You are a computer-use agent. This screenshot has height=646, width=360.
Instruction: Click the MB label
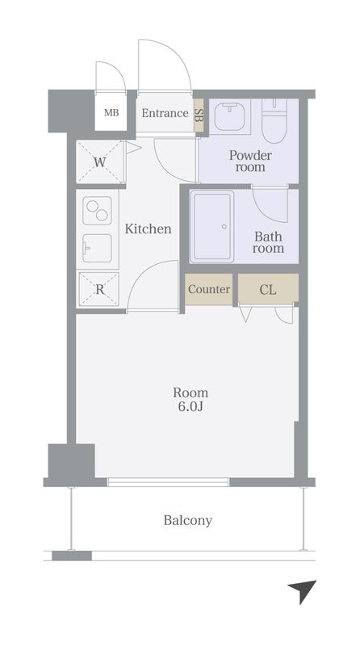coord(111,113)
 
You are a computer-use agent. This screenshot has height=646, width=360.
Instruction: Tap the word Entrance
coord(165,113)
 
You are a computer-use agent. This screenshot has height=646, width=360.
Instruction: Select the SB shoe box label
coord(198,115)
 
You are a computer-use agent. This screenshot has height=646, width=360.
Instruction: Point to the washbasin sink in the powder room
coord(230,117)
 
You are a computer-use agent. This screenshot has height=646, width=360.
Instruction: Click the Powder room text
coord(250,161)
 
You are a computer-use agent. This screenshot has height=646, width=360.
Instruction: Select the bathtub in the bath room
coord(212,226)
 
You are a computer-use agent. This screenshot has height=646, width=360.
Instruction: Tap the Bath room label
coord(268,242)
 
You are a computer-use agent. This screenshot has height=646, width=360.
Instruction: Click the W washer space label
coord(99,162)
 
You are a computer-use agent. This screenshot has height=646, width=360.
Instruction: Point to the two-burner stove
coord(97,211)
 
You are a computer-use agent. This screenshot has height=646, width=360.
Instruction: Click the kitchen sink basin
coord(97,248)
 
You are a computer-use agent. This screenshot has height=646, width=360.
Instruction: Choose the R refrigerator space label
coord(99,289)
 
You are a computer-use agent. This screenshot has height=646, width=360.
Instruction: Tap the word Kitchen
coord(148,229)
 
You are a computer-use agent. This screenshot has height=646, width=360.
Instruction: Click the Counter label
coord(209,289)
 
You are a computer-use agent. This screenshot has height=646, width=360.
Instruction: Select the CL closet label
coord(268,290)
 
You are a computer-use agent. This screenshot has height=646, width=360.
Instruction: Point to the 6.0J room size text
coord(190,407)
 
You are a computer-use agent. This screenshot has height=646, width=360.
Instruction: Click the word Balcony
coord(188,520)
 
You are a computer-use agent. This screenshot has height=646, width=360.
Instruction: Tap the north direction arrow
coord(303,590)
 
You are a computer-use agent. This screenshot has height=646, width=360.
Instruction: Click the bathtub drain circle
coord(224,226)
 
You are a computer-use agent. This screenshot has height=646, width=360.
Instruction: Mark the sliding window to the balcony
coord(168,482)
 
